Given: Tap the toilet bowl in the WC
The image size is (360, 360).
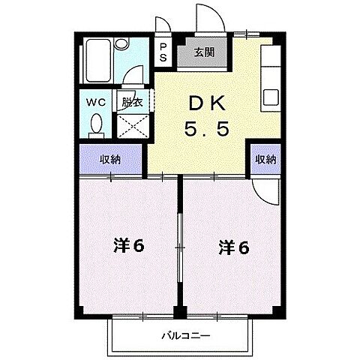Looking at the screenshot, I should point(96,124).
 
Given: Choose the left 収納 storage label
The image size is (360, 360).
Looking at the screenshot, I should point(111,159).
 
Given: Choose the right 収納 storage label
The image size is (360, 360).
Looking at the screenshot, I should point(265,159).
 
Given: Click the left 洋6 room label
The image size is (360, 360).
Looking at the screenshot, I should point(130,245).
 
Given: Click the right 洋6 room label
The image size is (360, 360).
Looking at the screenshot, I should point(233,245).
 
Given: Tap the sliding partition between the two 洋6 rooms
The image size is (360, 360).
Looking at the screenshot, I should point(179,244).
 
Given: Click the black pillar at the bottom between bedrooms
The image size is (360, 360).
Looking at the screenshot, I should point(180,310).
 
